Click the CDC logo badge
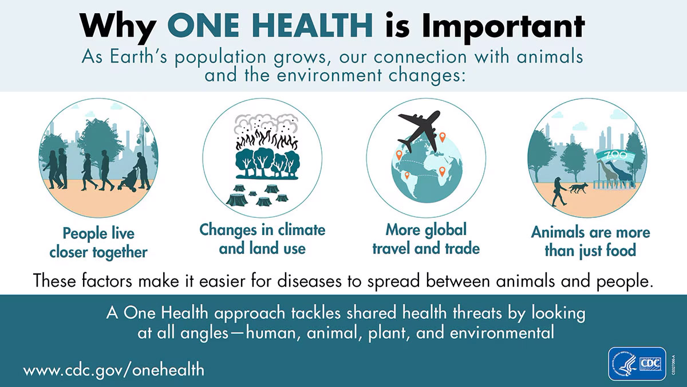(x=637, y=363)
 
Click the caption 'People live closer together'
(x=98, y=243)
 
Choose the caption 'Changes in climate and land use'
(x=262, y=239)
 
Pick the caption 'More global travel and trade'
(x=426, y=239)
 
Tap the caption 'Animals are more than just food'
(x=590, y=241)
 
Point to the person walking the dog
(x=557, y=191)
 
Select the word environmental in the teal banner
(x=502, y=333)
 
